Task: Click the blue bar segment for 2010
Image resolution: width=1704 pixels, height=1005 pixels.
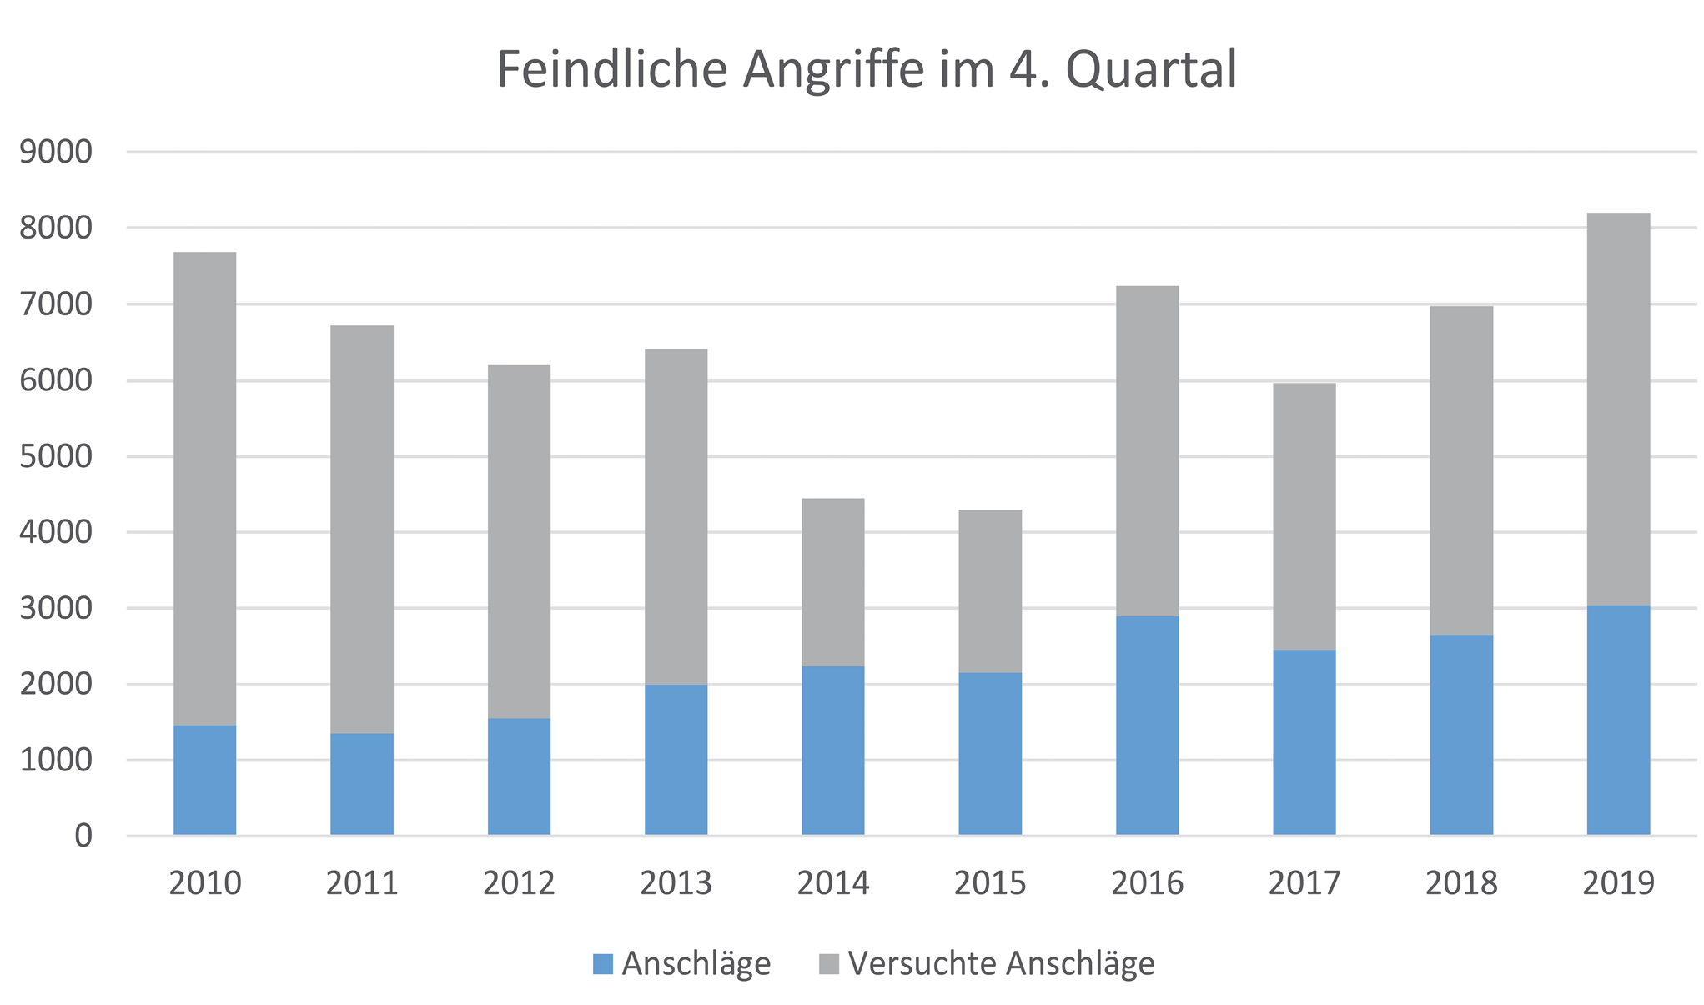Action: click(x=204, y=780)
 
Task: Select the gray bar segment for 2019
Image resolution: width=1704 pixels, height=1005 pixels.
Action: click(x=1618, y=409)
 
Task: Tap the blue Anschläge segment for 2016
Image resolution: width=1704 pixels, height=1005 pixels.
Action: click(x=1147, y=726)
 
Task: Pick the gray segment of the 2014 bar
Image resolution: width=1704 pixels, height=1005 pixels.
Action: click(x=832, y=582)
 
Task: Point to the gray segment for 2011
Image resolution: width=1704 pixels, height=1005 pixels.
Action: click(x=361, y=530)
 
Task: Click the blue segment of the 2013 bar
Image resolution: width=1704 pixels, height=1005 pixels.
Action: click(x=676, y=759)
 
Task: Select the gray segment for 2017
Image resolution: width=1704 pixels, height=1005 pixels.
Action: click(x=1304, y=516)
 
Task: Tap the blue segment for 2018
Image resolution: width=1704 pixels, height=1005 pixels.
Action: click(x=1461, y=735)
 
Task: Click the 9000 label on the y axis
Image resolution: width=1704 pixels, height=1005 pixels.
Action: click(x=56, y=153)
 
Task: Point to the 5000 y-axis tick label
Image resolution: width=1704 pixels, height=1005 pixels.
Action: click(x=56, y=457)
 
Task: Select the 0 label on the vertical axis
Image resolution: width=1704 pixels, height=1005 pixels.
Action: click(x=83, y=836)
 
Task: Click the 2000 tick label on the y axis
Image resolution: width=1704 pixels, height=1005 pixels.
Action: click(x=56, y=685)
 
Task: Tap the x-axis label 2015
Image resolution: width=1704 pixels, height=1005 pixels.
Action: click(x=990, y=882)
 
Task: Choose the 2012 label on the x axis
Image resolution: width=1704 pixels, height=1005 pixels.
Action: click(x=519, y=882)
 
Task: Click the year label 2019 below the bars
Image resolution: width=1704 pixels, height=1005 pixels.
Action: click(x=1618, y=882)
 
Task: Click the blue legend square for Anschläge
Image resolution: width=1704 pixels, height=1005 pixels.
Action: click(x=602, y=964)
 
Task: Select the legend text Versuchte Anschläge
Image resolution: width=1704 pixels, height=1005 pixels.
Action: click(x=1001, y=964)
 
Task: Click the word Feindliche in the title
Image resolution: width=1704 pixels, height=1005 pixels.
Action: click(x=612, y=69)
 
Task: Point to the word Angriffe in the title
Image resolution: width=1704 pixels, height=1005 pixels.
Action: click(x=834, y=71)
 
